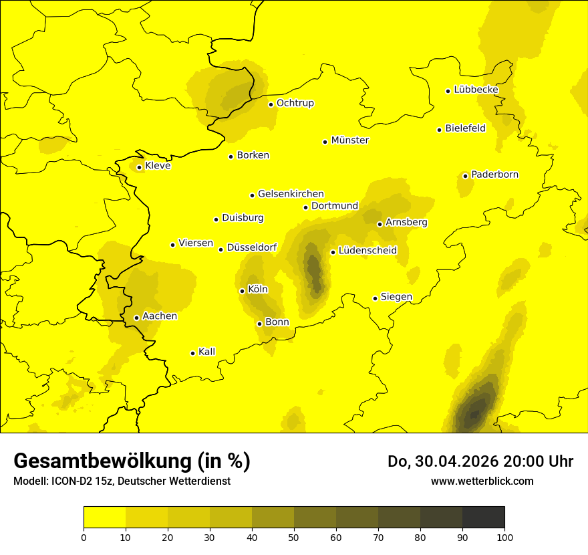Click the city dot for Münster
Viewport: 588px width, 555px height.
[325, 142]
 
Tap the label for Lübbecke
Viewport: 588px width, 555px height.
[476, 90]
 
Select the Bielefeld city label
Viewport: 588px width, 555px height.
[465, 128]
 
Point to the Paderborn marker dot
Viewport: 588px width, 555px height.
[465, 176]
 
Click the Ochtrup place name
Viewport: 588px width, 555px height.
[295, 103]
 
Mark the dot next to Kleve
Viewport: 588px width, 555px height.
[139, 168]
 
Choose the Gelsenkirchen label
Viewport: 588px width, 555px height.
[291, 194]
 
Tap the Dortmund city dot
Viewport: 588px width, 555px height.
[305, 207]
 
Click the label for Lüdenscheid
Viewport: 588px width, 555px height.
[367, 251]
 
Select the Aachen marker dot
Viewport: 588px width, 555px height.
[136, 318]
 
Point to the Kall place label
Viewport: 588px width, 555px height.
[206, 352]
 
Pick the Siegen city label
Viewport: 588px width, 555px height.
[396, 297]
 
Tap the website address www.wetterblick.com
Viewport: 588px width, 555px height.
[482, 481]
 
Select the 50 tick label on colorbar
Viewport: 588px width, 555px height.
[294, 537]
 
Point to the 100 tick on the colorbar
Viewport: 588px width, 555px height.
[504, 537]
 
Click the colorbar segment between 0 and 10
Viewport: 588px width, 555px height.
[104, 518]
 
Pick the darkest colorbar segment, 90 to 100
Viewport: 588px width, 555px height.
[483, 518]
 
